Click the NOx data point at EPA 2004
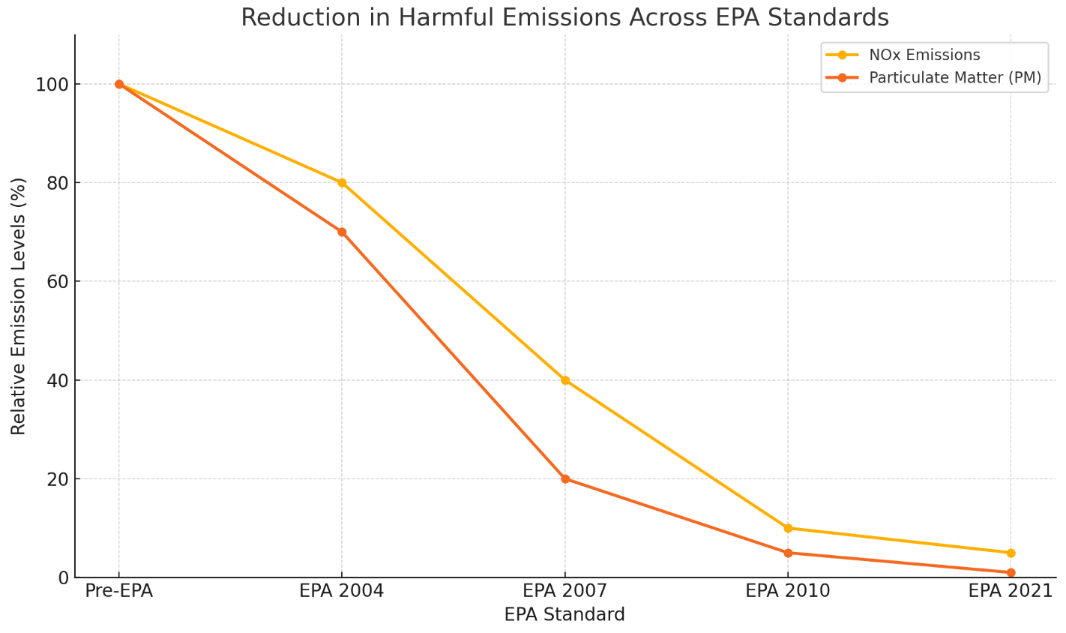[342, 182]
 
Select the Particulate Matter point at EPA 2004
[342, 232]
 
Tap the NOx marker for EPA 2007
[565, 380]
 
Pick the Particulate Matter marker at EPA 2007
[565, 478]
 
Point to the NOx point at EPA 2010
[788, 528]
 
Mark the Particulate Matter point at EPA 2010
[788, 553]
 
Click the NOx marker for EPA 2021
[1011, 553]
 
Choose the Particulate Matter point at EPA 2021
[1011, 572]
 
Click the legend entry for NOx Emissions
[924, 55]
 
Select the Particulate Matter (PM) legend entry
[954, 78]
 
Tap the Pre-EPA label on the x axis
[119, 591]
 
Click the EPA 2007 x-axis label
[565, 591]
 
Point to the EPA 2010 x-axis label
[788, 591]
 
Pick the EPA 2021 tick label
[1011, 591]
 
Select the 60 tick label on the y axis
[57, 281]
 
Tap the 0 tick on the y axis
[63, 577]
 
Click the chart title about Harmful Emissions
[564, 17]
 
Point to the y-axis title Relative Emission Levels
[19, 306]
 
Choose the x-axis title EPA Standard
[564, 615]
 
